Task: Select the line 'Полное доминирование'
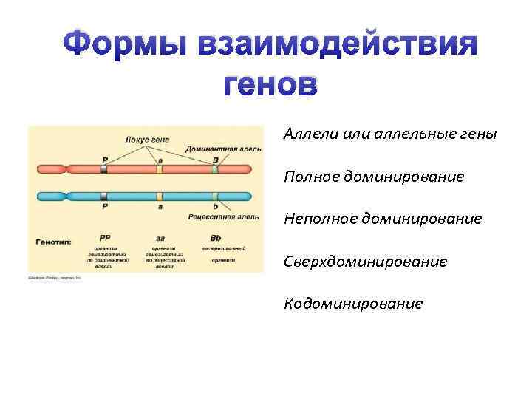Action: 372,177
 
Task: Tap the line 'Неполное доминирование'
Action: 381,219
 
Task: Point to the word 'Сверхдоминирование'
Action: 365,262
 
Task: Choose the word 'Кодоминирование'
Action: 353,304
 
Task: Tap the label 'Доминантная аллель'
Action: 222,149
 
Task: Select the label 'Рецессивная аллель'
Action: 223,218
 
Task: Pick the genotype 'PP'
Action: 105,238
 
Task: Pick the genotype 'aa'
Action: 159,238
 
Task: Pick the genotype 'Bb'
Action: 215,238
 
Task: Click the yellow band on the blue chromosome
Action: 159,197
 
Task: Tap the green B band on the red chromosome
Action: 215,169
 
